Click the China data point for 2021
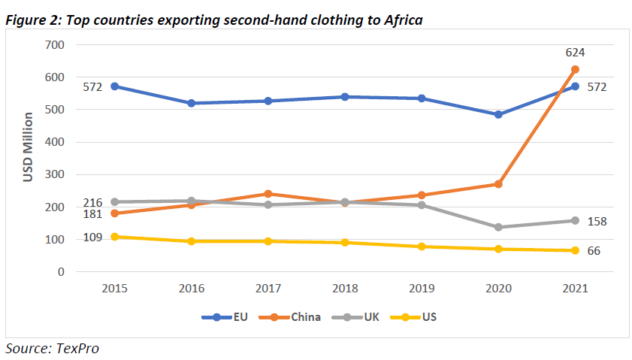click(575, 69)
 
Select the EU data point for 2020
click(498, 114)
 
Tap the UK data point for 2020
click(498, 227)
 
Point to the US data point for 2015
click(115, 237)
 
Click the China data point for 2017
click(268, 194)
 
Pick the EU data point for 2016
click(192, 103)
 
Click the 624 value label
click(575, 53)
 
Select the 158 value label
click(597, 222)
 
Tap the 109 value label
click(92, 237)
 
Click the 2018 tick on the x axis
click(345, 288)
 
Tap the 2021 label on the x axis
click(575, 288)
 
